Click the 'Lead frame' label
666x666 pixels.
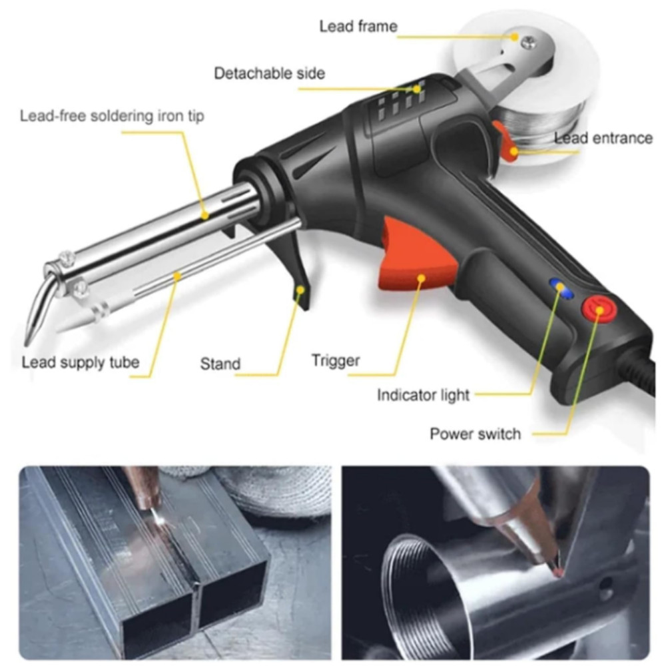pyautogui.click(x=358, y=27)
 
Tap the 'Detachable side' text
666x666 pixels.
pyautogui.click(x=269, y=73)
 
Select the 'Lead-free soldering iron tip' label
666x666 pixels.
pyautogui.click(x=112, y=116)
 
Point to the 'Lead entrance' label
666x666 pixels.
pyautogui.click(x=603, y=138)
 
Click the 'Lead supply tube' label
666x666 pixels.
pyautogui.click(x=80, y=362)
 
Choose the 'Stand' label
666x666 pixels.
pyautogui.click(x=220, y=364)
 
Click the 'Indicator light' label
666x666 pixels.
pyautogui.click(x=423, y=395)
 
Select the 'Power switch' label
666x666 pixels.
pyautogui.click(x=475, y=434)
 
